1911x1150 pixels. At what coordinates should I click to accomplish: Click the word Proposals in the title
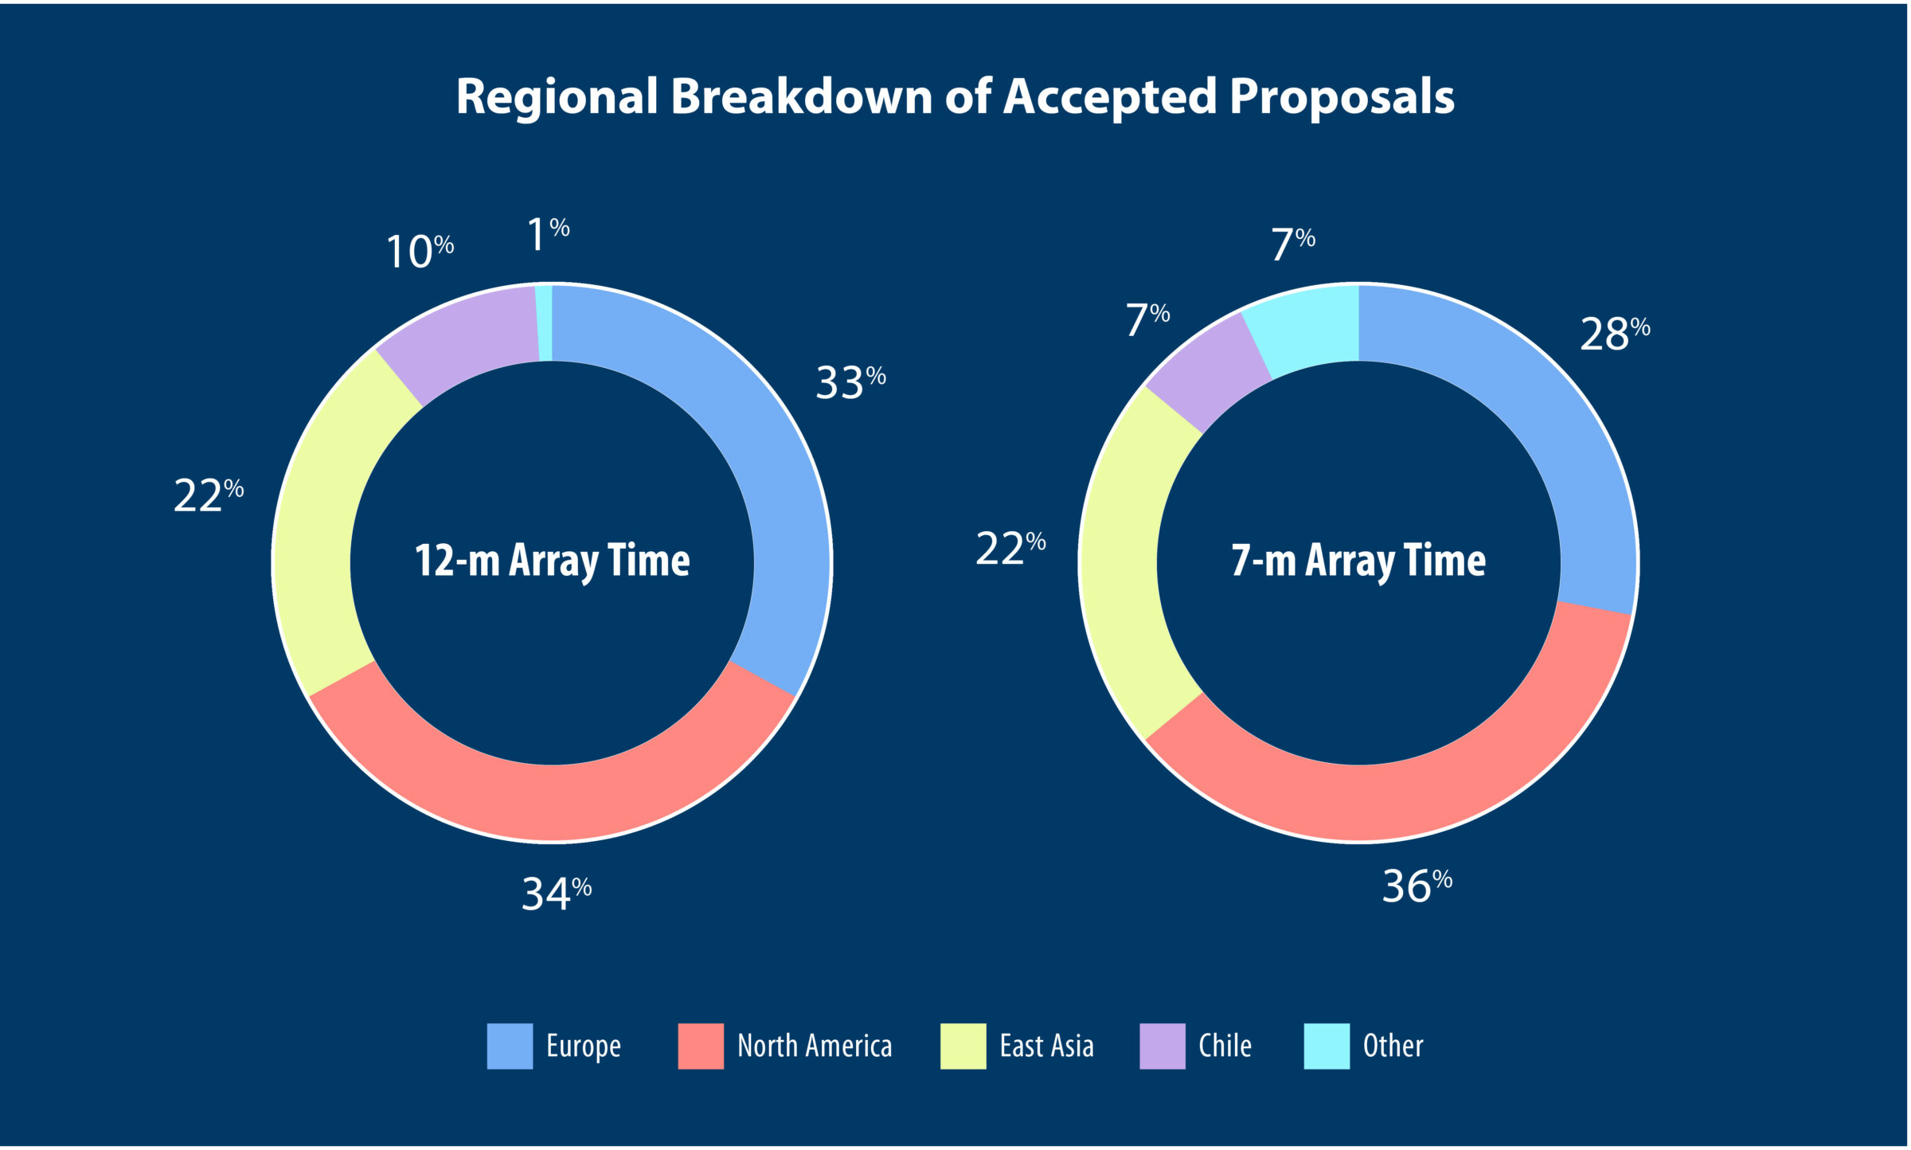click(x=1342, y=97)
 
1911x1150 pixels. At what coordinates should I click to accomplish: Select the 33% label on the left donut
click(x=850, y=382)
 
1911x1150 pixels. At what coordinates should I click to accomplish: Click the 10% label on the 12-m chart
click(x=419, y=252)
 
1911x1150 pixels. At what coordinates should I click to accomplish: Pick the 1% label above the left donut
click(x=548, y=234)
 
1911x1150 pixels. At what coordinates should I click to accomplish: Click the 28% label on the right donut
click(x=1614, y=334)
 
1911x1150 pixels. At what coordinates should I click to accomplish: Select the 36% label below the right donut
click(x=1417, y=886)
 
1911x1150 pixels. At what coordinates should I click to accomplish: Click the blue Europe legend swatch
click(x=510, y=1046)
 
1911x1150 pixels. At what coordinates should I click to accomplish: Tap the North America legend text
click(x=814, y=1046)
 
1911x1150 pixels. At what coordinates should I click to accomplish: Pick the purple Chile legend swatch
click(x=1162, y=1046)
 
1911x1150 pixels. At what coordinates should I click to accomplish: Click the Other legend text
click(x=1393, y=1046)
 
